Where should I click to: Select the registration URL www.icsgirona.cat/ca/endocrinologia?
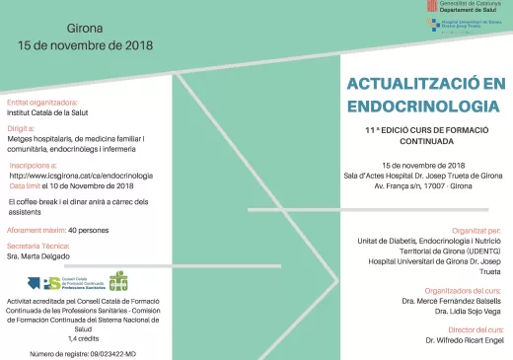tap(96, 176)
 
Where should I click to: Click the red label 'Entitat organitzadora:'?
tap(42, 103)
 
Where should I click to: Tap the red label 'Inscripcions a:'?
tap(32, 166)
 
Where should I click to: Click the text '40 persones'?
tap(89, 230)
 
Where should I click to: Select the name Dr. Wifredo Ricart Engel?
tap(465, 339)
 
